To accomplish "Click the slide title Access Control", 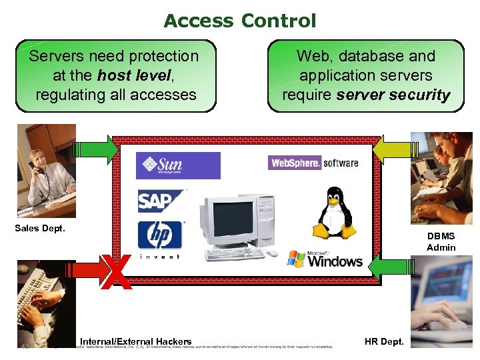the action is [240, 21].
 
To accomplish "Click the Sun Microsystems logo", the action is [178, 165].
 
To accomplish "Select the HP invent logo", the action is [160, 236].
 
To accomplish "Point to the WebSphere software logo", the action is [313, 163].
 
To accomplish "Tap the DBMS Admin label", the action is [441, 241].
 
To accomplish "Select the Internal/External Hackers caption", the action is [136, 341].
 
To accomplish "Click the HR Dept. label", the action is [384, 341].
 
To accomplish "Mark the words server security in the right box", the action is [393, 95].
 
